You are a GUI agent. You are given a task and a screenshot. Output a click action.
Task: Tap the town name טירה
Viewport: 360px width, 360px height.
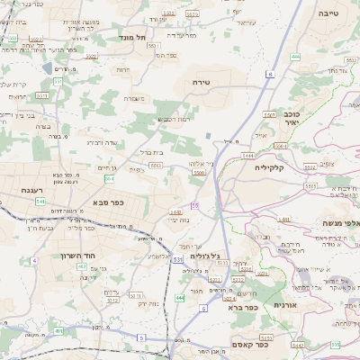[201, 82]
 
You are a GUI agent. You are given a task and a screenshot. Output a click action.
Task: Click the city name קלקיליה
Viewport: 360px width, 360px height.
[270, 167]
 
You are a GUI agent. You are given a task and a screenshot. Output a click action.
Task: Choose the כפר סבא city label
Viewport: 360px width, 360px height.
[108, 202]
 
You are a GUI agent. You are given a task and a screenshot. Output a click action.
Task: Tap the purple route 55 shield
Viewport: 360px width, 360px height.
[194, 206]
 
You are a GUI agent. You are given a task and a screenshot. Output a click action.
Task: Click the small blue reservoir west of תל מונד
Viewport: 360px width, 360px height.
[49, 67]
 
